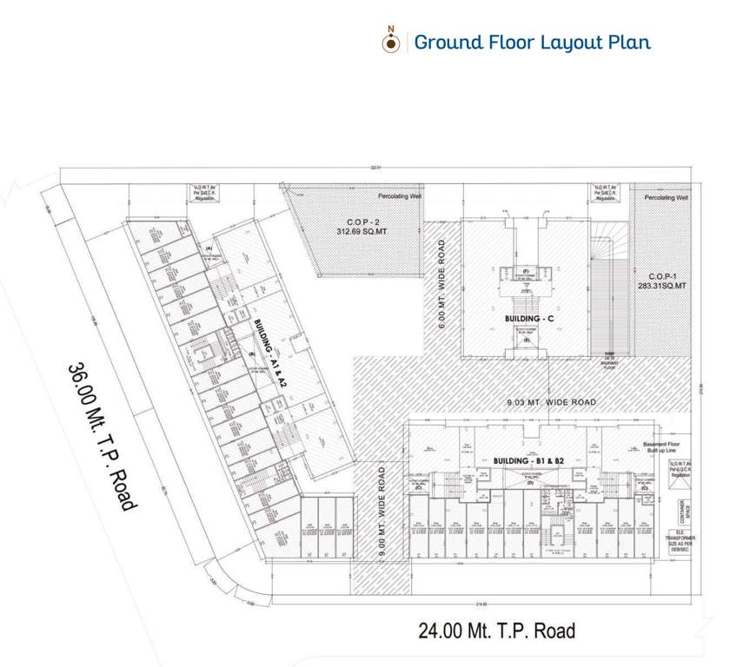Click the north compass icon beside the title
coord(391,43)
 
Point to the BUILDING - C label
coord(528,319)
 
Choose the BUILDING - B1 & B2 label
coord(528,459)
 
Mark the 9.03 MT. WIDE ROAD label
coord(554,402)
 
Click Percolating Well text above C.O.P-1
coord(667,198)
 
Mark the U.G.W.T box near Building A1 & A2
coord(204,192)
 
